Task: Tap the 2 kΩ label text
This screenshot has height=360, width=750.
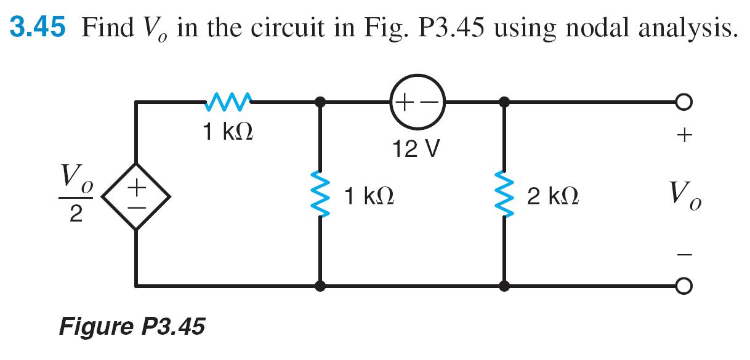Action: [x=552, y=197]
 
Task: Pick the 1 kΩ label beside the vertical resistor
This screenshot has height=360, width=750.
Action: [x=369, y=197]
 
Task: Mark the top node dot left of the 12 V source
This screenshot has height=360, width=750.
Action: [x=320, y=102]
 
